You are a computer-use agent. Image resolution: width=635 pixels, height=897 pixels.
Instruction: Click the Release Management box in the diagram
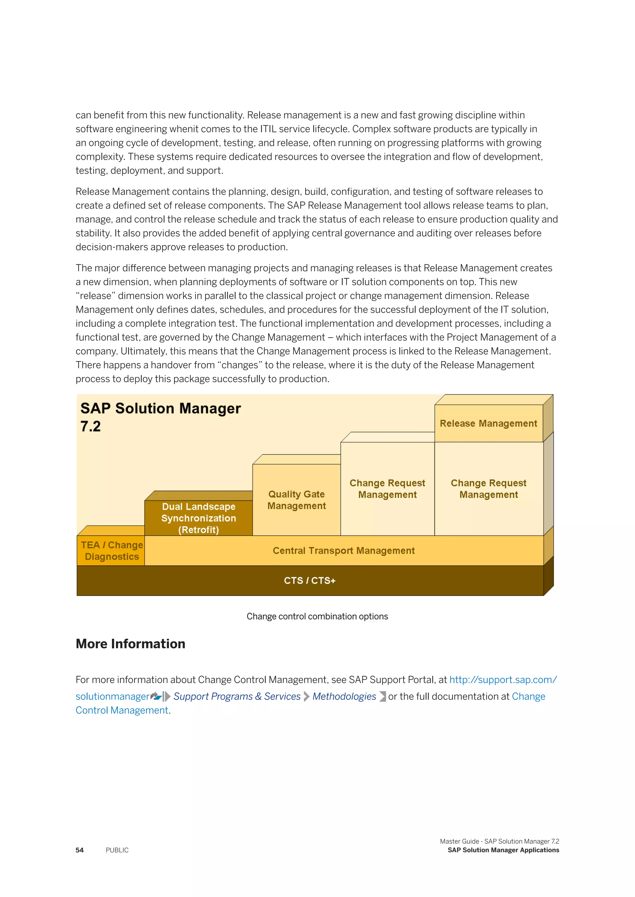click(x=488, y=423)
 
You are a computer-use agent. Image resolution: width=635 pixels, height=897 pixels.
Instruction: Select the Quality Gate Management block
click(x=296, y=500)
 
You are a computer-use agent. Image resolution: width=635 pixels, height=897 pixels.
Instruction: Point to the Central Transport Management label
click(x=343, y=550)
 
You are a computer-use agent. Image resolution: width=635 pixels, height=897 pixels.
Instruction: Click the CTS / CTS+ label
click(x=310, y=580)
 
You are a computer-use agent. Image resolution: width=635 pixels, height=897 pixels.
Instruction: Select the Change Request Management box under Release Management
click(x=488, y=489)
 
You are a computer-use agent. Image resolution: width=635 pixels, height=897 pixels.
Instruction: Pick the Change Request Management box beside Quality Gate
click(x=387, y=489)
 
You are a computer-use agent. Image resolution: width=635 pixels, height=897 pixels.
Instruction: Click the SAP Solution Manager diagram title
click(x=160, y=408)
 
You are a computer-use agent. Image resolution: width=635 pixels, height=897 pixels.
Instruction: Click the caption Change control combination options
click(x=317, y=616)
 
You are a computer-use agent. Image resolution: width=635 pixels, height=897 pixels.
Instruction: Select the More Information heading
click(x=130, y=644)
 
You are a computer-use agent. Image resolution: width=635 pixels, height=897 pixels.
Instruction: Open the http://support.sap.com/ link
click(x=503, y=680)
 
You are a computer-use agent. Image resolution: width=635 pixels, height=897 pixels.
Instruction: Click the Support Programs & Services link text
click(x=237, y=697)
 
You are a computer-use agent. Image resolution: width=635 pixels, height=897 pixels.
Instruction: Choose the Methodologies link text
click(x=344, y=697)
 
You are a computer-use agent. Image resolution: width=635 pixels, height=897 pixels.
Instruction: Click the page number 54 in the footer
click(x=79, y=850)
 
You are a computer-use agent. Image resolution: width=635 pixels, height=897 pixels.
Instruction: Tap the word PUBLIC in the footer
click(x=117, y=850)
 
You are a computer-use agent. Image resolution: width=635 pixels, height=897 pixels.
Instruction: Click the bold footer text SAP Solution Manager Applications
click(x=503, y=850)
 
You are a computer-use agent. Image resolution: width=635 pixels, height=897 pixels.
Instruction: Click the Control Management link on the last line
click(x=122, y=710)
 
